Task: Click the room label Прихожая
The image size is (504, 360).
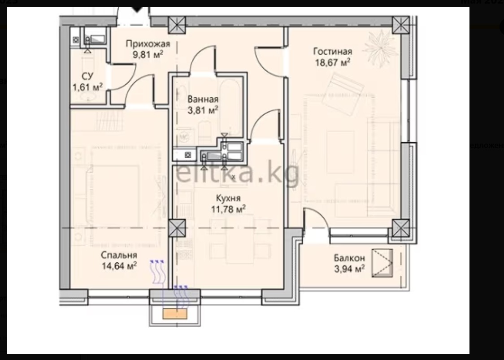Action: point(148,44)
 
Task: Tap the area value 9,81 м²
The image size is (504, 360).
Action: point(148,54)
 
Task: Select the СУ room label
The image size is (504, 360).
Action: point(87,76)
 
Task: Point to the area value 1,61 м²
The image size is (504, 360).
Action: point(87,87)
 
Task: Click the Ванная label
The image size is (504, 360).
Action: point(203,99)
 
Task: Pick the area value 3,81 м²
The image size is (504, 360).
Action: point(203,110)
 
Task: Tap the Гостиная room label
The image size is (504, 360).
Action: point(332,52)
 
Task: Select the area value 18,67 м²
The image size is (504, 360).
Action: point(332,62)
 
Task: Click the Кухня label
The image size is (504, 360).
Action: point(228,198)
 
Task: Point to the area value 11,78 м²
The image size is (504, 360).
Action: point(228,209)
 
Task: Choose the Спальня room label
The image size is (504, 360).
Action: point(119,255)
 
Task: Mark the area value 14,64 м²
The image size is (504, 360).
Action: point(119,266)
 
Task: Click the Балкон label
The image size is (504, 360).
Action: point(349,258)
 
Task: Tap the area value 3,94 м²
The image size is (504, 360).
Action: point(349,269)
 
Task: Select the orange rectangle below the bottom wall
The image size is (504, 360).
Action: point(175,314)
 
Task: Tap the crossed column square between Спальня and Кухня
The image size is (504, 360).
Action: point(177,228)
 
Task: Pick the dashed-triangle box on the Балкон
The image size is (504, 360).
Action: point(382,263)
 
